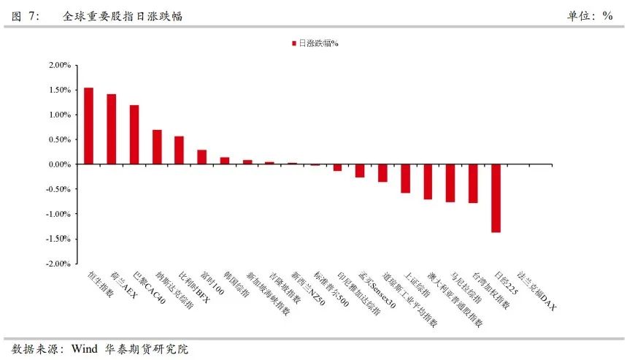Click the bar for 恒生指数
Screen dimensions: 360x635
[x=88, y=126]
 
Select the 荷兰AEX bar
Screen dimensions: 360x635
[x=111, y=129]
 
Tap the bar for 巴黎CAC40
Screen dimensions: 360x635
[x=134, y=134]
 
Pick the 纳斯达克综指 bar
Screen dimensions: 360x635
[x=156, y=147]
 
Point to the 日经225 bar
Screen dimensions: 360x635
[x=496, y=198]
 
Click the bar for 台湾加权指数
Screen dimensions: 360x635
[x=473, y=183]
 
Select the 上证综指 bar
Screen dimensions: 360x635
[x=405, y=178]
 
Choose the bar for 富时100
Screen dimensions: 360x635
[x=201, y=157]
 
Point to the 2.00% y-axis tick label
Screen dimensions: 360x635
[x=60, y=65]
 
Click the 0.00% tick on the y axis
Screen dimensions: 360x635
[x=60, y=164]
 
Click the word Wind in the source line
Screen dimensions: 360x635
[x=83, y=349]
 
